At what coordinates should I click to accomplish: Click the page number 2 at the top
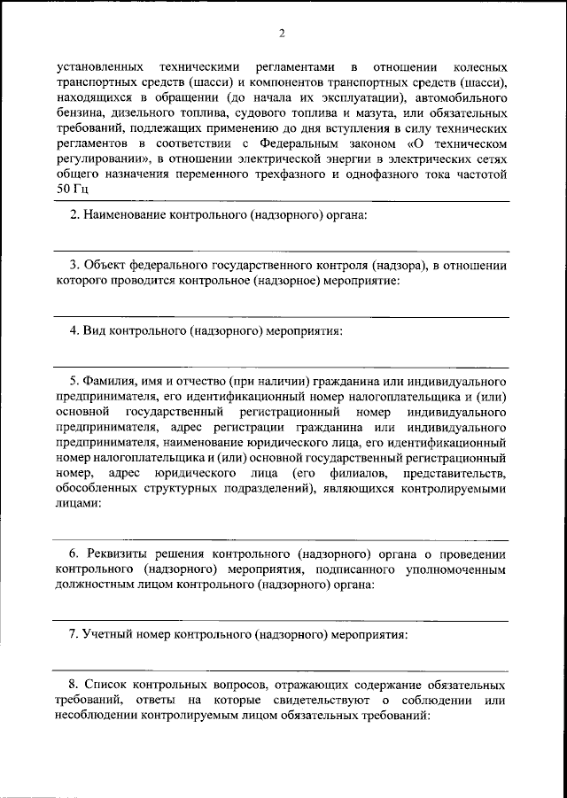283,34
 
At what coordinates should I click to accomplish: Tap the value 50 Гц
72,188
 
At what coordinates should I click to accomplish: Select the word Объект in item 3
105,265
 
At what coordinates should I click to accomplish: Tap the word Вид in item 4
96,331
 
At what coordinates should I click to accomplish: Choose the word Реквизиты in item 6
119,554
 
